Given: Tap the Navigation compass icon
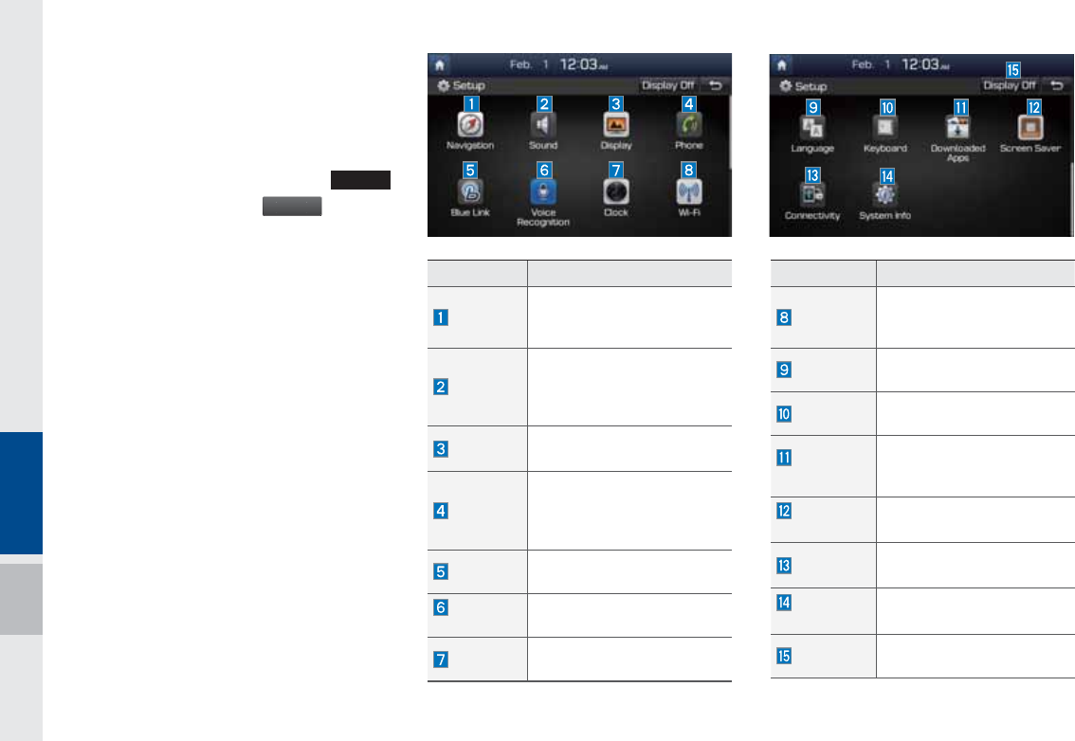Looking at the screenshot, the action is click(470, 125).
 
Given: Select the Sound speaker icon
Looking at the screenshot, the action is click(543, 125).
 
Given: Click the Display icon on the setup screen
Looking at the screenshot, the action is click(616, 125).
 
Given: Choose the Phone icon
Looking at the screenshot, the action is click(689, 125).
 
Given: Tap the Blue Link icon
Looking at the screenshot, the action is click(470, 191).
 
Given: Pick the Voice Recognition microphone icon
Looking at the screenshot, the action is click(543, 191).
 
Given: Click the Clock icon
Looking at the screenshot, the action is click(616, 191).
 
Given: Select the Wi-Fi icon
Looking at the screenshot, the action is click(689, 191).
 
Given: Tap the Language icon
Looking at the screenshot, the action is click(812, 127).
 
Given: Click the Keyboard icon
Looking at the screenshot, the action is click(885, 127).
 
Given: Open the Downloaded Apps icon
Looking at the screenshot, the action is click(958, 127).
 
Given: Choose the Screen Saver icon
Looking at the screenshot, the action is click(1031, 127).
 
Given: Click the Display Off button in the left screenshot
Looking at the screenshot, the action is click(667, 85).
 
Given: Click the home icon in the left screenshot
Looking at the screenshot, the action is click(440, 64).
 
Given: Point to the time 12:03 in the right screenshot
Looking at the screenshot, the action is click(922, 64).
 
